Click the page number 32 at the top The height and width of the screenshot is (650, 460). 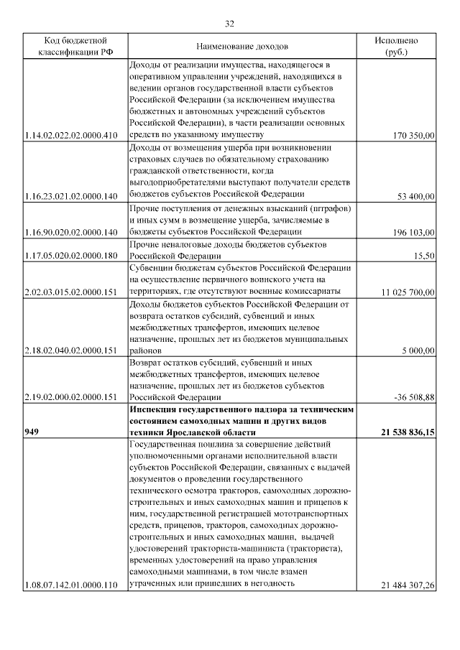point(230,24)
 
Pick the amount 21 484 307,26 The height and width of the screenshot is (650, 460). point(408,585)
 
